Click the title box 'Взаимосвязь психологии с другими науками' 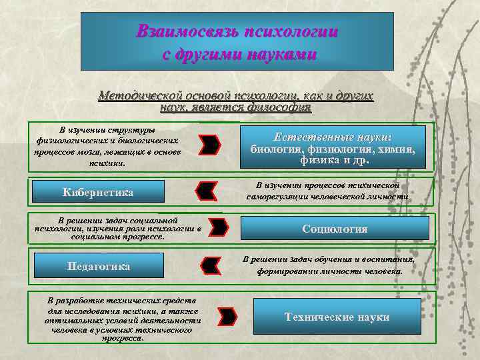pyautogui.click(x=237, y=41)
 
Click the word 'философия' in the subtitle pyautogui.click(x=279, y=107)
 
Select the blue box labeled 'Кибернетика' pyautogui.click(x=98, y=192)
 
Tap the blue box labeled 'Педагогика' pyautogui.click(x=99, y=266)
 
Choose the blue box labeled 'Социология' pyautogui.click(x=335, y=229)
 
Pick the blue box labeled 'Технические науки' pyautogui.click(x=337, y=317)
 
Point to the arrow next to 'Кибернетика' pyautogui.click(x=205, y=191)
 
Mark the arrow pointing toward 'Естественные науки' pyautogui.click(x=211, y=143)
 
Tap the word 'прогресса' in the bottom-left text pyautogui.click(x=122, y=338)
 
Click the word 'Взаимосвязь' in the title pyautogui.click(x=177, y=31)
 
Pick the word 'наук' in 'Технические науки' pyautogui.click(x=373, y=317)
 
